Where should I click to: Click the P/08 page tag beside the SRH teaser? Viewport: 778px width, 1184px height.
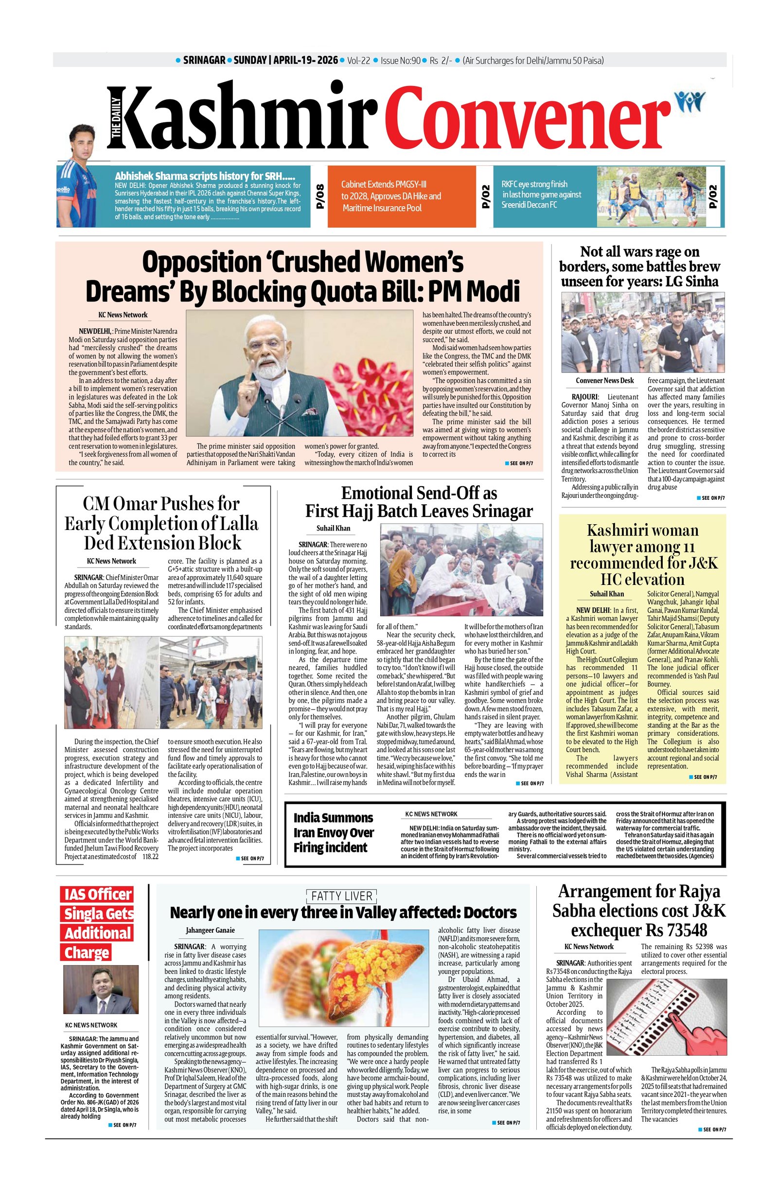click(320, 196)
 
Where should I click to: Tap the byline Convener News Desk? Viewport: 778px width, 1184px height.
click(604, 381)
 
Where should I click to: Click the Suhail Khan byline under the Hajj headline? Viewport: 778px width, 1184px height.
click(333, 529)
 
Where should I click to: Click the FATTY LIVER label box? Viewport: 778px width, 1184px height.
click(341, 896)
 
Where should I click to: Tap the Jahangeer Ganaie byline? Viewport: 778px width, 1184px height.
click(210, 930)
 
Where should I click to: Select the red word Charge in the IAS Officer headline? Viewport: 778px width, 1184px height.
click(86, 952)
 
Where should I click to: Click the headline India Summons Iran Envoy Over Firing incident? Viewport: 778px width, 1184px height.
click(333, 832)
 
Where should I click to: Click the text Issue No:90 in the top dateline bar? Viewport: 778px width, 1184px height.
click(400, 61)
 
